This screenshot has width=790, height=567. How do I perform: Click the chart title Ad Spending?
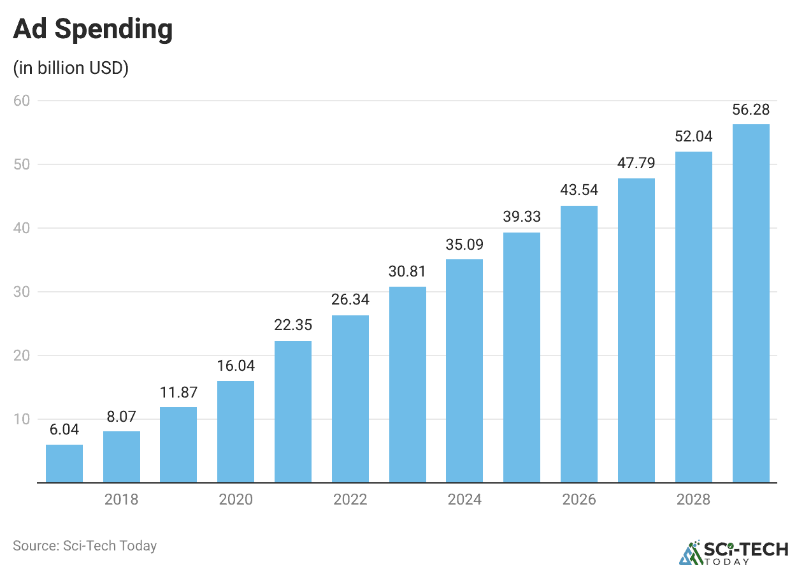pos(93,30)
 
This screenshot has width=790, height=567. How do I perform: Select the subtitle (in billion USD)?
pos(71,68)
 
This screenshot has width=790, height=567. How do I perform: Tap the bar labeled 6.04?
pos(64,463)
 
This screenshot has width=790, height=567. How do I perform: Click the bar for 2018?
pos(122,457)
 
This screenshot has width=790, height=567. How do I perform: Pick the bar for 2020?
pos(236,432)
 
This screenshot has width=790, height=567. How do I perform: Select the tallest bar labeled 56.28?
pos(750,303)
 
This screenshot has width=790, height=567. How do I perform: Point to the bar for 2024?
pos(464,371)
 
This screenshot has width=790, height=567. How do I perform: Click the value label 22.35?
pos(293,325)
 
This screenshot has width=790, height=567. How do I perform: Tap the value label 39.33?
pos(522,217)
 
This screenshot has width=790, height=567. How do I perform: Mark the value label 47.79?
pos(636,163)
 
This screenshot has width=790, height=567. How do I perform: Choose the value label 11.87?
pos(178,392)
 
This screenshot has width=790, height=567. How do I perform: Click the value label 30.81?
pos(407,271)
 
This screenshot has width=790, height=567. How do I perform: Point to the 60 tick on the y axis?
pos(25,101)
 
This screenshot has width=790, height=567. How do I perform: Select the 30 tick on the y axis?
pos(25,292)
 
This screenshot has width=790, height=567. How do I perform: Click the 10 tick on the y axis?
pos(25,419)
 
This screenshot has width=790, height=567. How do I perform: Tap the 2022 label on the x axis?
pos(350,499)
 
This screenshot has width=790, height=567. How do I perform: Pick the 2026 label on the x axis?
pos(578,499)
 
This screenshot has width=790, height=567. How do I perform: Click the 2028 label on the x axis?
pos(693,499)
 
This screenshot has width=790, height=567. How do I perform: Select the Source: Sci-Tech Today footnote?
pos(85,546)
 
